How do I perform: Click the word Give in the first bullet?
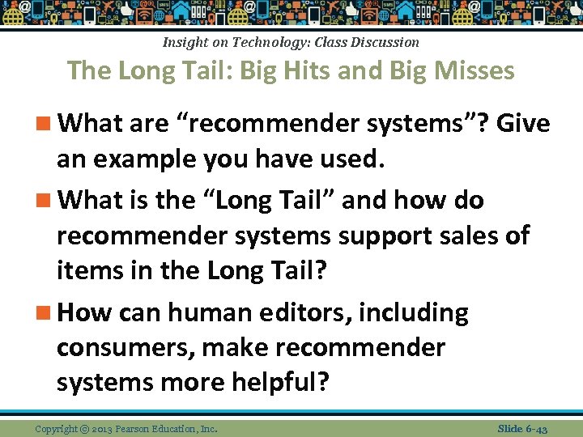click(x=523, y=124)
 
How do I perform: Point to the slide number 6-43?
click(x=535, y=429)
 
